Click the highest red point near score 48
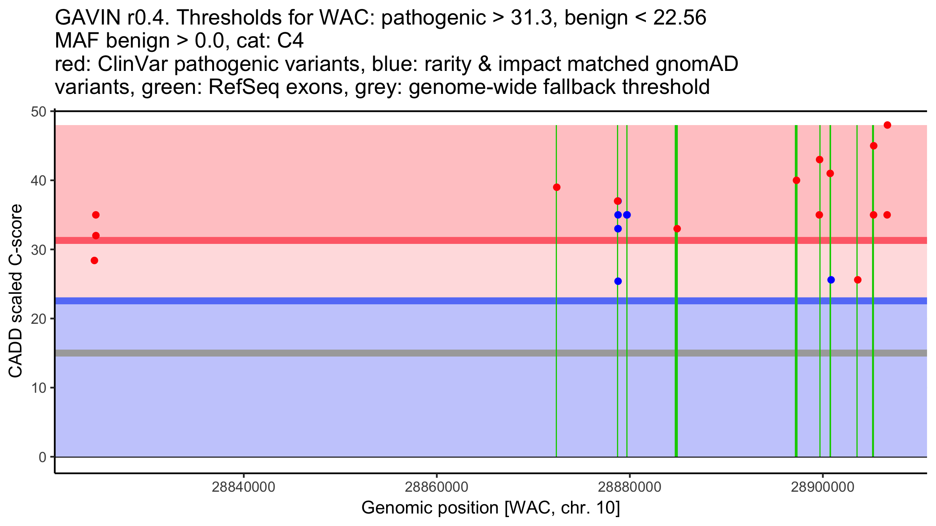[x=887, y=125]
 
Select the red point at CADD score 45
[x=874, y=146]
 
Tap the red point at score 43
[x=819, y=160]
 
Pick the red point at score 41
[x=830, y=173]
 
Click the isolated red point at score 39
[x=557, y=187]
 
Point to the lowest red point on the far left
[x=94, y=261]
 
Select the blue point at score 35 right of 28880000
[x=627, y=215]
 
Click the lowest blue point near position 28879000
[x=618, y=281]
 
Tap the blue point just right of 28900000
[x=831, y=280]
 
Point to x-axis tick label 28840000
[x=243, y=487]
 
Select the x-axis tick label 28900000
[x=823, y=487]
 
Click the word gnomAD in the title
[x=697, y=64]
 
